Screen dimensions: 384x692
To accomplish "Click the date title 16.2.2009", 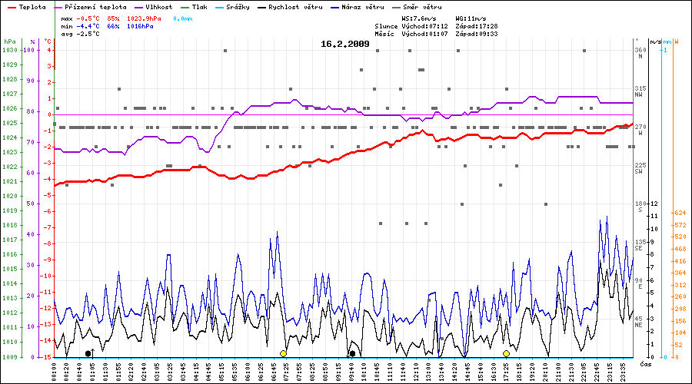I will tap(345, 44).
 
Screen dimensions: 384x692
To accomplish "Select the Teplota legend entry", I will tap(32, 6).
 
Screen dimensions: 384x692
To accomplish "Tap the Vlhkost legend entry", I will tap(158, 6).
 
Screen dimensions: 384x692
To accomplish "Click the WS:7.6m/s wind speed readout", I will tap(419, 18).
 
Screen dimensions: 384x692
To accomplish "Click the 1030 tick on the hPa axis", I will tap(10, 50).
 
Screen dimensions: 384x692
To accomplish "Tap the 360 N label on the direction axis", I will tap(640, 53).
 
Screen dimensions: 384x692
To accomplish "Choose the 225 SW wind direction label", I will tap(640, 168).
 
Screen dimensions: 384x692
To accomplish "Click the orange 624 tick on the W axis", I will tap(680, 213).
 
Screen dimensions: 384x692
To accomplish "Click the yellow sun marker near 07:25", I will tap(283, 353).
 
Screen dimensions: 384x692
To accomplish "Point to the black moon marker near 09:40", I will tap(352, 353).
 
